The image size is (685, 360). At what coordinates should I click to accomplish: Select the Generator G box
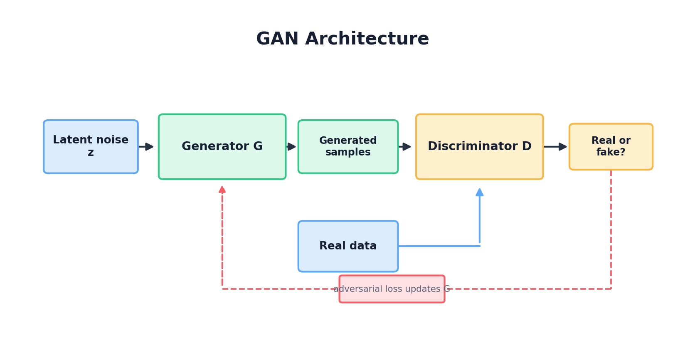pos(222,146)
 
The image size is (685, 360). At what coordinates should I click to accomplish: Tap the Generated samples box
pos(348,146)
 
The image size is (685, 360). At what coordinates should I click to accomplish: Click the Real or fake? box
pos(611,146)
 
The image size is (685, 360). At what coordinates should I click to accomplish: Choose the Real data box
pos(348,246)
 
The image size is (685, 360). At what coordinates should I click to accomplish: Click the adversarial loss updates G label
pos(392,289)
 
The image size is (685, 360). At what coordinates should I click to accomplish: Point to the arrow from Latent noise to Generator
pos(146,146)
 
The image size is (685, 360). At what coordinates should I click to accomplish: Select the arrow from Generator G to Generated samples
pos(291,146)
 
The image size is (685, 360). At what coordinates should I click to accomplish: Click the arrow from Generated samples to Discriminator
pos(404,146)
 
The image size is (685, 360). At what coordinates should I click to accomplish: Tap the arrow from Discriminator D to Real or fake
pos(555,146)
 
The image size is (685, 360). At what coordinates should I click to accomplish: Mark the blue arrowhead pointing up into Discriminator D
pos(479,192)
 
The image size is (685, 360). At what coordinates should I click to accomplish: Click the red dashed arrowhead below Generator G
pos(222,190)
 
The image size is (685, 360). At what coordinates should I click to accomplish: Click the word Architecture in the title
pos(367,39)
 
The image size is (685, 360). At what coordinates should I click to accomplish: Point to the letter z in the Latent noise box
pos(91,153)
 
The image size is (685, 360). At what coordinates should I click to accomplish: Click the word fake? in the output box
pos(611,153)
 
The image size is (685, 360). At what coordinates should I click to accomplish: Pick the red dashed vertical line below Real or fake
pos(611,229)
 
